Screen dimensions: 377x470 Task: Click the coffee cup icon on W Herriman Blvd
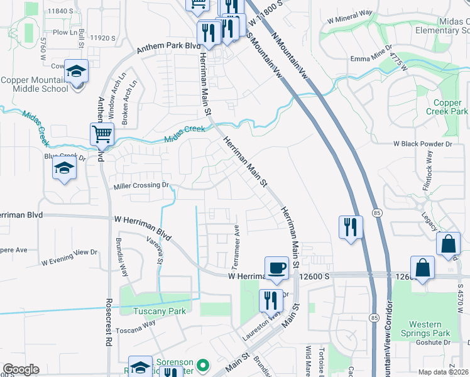coord(276,268)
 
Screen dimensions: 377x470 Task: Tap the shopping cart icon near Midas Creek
coord(102,134)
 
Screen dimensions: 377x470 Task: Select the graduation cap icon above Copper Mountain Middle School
coord(76,72)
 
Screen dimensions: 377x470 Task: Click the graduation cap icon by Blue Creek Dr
coord(64,168)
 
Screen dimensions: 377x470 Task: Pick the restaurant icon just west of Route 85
coord(351,227)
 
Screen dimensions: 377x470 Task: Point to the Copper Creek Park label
coord(447,107)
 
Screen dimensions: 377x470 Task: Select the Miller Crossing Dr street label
coord(142,185)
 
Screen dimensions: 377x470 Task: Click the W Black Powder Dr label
coord(423,144)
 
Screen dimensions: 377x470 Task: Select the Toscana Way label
coord(136,325)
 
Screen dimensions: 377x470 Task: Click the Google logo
coord(21,369)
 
